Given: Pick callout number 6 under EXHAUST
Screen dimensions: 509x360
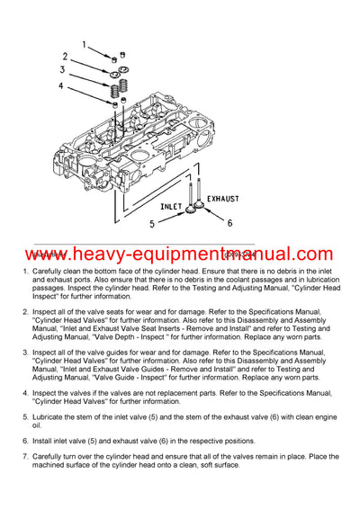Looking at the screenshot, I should point(229,221).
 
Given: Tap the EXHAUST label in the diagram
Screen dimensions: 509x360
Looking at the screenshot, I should point(223,195).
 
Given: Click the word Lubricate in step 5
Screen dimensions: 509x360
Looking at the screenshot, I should point(52,419).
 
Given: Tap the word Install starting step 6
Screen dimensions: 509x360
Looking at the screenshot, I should point(44,441).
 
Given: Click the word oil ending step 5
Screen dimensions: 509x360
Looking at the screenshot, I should point(37,427).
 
